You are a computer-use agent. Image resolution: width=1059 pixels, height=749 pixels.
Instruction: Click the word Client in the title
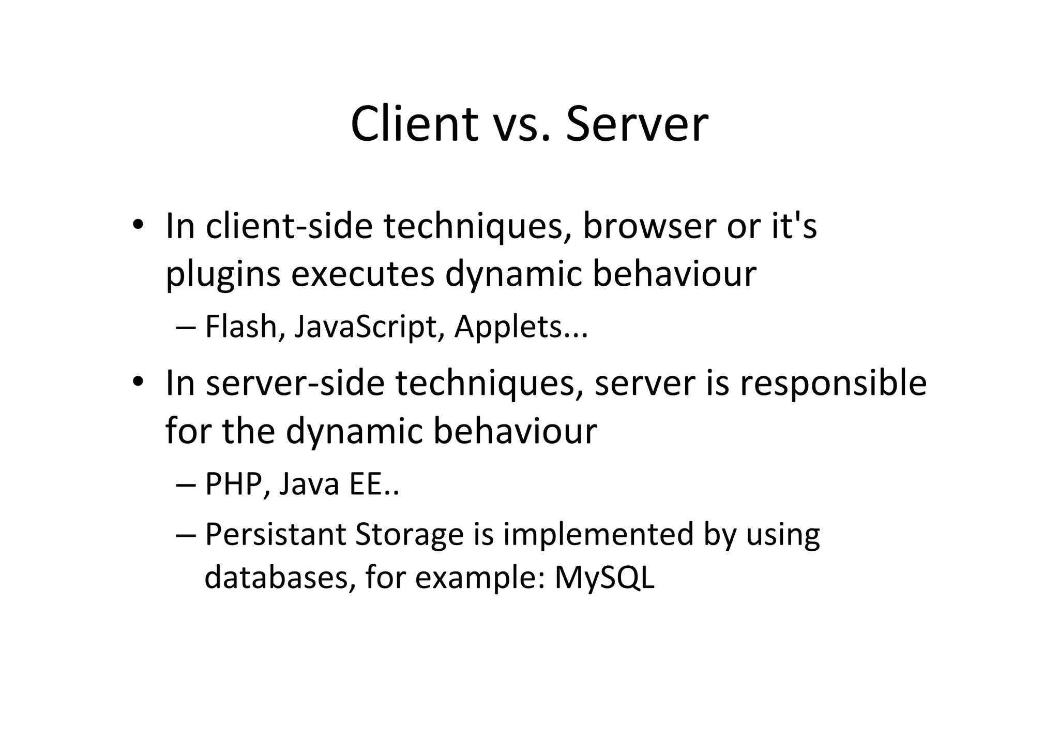tap(414, 124)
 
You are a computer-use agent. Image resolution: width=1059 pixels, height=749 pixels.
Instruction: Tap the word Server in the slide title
tap(637, 124)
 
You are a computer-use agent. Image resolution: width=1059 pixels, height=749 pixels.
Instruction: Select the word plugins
tap(223, 274)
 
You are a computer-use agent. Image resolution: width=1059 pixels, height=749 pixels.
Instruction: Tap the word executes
tap(362, 274)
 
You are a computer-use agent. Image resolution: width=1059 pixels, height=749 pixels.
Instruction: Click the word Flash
tap(241, 327)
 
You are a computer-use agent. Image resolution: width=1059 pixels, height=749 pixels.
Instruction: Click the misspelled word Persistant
tap(275, 534)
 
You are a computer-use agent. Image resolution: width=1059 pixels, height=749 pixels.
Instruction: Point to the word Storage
tap(409, 535)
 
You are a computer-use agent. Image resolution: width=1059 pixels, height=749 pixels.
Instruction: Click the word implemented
tap(597, 535)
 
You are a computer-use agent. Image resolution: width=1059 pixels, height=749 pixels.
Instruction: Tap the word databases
tap(276, 577)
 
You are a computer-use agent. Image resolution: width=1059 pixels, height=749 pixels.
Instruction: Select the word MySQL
tap(604, 578)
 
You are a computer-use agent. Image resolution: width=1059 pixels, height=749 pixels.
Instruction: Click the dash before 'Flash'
tap(186, 328)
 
